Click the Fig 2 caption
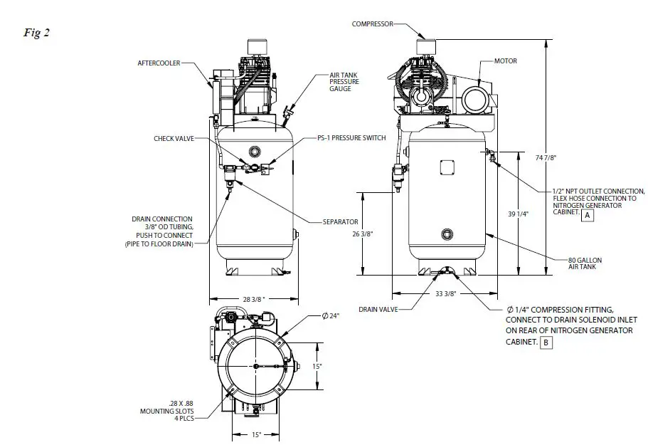(36, 33)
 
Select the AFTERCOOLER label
(159, 63)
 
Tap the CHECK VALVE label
(174, 138)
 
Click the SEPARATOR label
(340, 222)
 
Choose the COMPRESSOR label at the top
(372, 23)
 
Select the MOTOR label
(506, 61)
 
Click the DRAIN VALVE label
(378, 309)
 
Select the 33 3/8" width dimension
(445, 293)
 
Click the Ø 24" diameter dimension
(329, 315)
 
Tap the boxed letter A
(587, 214)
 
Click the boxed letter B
(546, 342)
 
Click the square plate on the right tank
(447, 166)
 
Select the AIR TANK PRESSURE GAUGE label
(344, 81)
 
